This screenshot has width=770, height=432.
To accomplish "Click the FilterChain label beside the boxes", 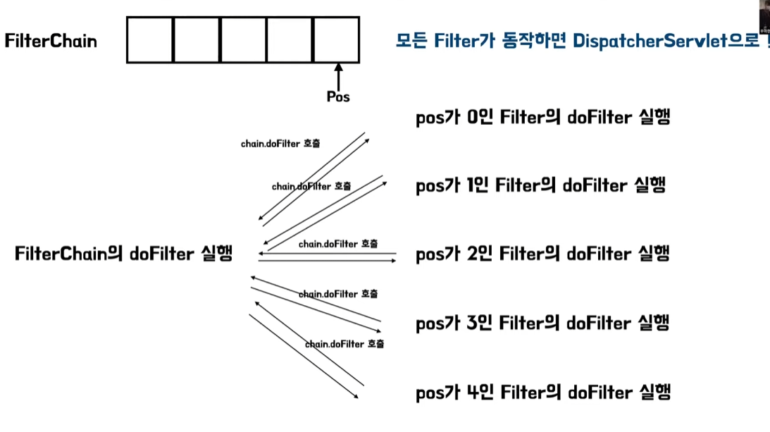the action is point(51,40).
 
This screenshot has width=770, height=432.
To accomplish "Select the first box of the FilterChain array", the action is point(150,40).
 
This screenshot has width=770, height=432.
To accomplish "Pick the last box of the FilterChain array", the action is point(336,40).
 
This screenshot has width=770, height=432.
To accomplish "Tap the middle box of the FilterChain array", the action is point(243,40).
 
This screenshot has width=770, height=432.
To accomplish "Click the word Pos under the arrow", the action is point(338,97).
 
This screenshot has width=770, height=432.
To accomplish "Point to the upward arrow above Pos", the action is point(338,76).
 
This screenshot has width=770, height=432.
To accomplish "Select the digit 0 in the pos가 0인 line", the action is point(473,116).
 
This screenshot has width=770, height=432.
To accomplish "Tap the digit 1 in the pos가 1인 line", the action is point(471,185).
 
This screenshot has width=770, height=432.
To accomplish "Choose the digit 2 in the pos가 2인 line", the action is point(472,253).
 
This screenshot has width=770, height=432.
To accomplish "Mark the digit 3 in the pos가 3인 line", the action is point(472,323).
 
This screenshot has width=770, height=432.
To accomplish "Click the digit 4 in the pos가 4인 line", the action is point(473,391).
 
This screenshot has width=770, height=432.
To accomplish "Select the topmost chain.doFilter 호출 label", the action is point(280,144).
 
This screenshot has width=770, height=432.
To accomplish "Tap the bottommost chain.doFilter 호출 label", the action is point(344,344).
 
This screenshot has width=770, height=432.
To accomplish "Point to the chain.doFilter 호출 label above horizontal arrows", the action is point(337,244).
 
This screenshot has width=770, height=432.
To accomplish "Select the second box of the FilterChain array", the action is point(197,40).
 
